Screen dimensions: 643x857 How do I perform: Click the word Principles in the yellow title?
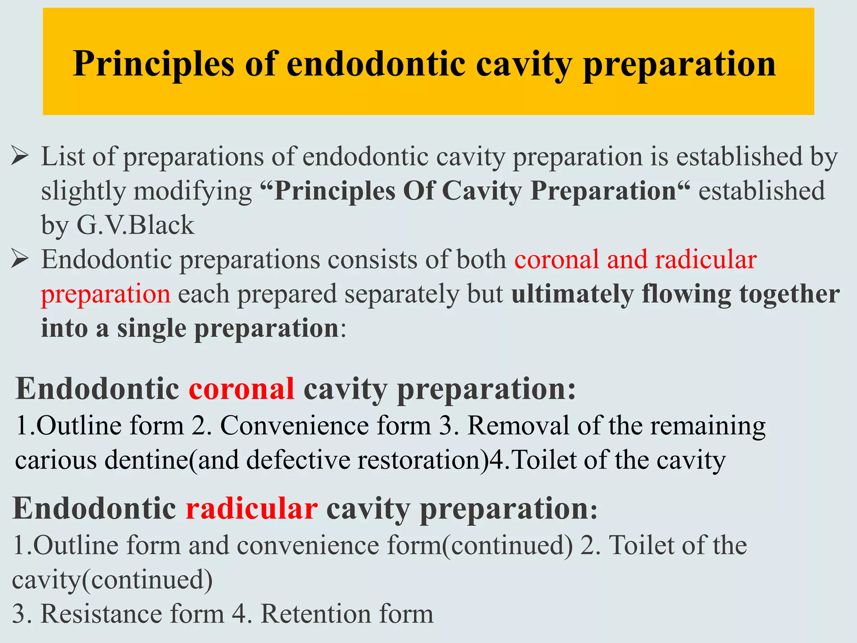coord(153,64)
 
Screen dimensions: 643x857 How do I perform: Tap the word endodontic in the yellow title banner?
coord(376,64)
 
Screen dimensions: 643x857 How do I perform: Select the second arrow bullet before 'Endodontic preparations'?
coord(20,259)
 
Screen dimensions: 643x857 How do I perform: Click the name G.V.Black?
coord(135,225)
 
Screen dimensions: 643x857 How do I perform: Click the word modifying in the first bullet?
coord(192,192)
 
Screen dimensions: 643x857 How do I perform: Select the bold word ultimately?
coord(572,294)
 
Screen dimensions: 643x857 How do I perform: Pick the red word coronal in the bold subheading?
coord(241,389)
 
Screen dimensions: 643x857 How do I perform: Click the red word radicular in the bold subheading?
coord(251,509)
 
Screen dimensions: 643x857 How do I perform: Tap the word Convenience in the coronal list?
coord(326,426)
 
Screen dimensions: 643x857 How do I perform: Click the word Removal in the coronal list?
coord(518,426)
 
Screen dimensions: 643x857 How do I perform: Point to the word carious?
coord(56,460)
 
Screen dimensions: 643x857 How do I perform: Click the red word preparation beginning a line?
coord(106,294)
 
